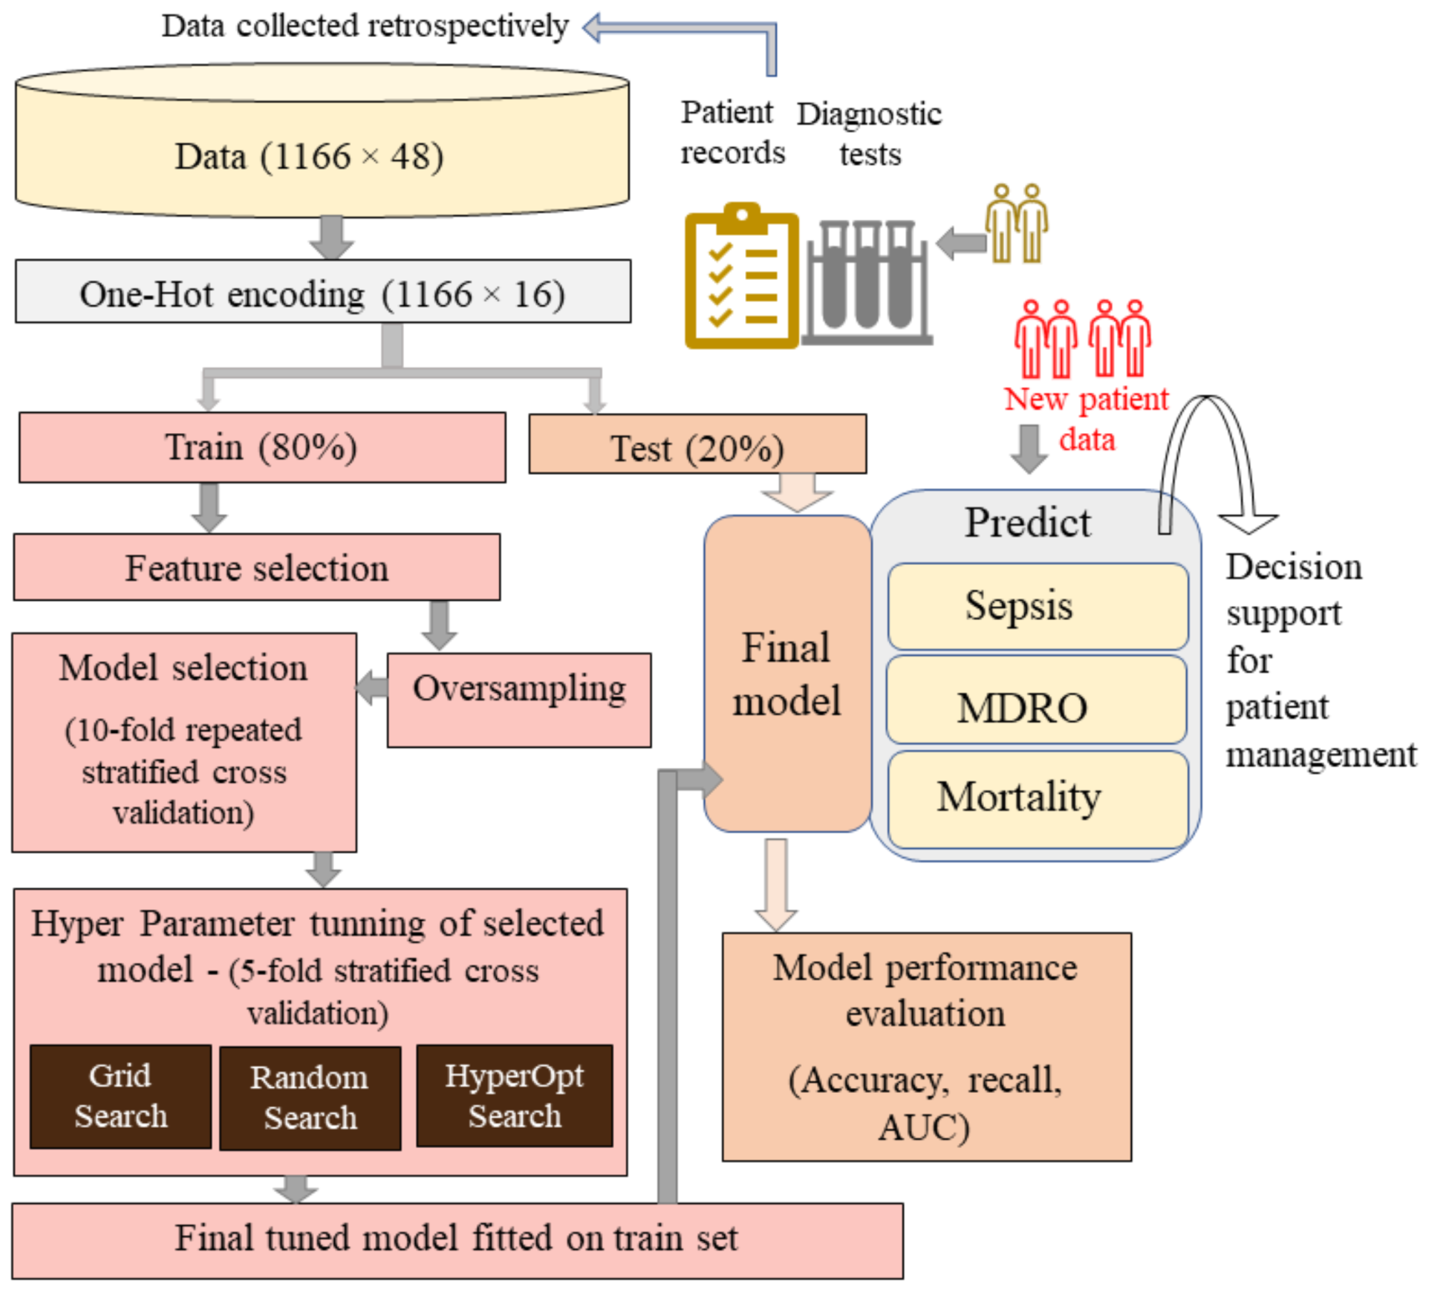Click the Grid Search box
[121, 1096]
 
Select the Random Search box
[310, 1098]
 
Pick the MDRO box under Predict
[1036, 700]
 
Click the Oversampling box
[519, 700]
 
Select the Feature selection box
[257, 568]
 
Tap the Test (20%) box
[697, 444]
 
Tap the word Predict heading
[1027, 523]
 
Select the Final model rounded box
[787, 674]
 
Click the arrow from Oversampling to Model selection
[372, 687]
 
